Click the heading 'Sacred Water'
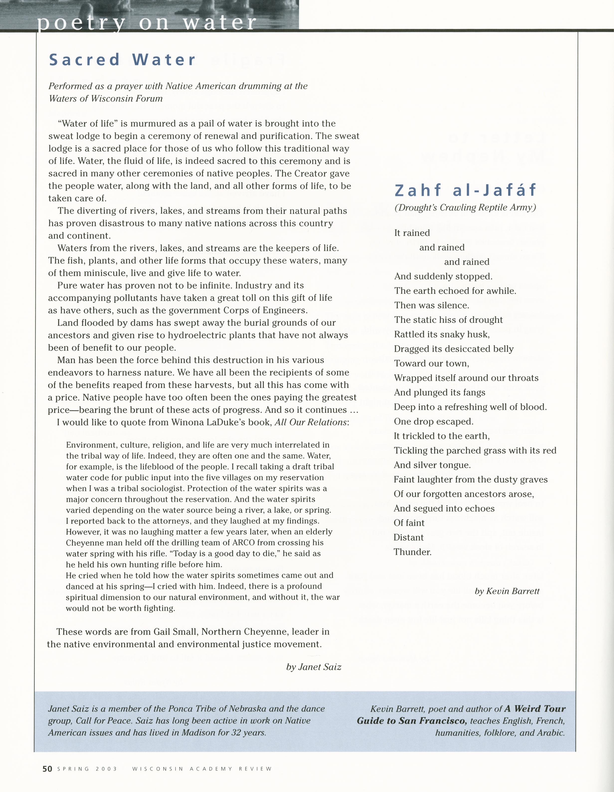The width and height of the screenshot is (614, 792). click(x=122, y=60)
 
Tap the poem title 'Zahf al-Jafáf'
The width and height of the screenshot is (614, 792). click(x=465, y=190)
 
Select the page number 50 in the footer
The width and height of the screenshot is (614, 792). click(x=47, y=769)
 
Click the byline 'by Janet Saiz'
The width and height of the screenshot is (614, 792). click(x=314, y=667)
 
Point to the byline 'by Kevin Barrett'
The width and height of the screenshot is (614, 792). click(x=507, y=591)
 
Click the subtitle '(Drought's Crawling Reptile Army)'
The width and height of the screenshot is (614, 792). click(x=465, y=208)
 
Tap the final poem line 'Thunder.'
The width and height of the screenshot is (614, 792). click(x=413, y=552)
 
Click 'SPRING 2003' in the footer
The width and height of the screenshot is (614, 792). click(x=87, y=769)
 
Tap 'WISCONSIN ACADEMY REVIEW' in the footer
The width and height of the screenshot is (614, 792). click(x=202, y=769)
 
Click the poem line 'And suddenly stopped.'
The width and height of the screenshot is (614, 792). click(x=443, y=276)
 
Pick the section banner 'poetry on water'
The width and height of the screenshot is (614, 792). click(x=147, y=22)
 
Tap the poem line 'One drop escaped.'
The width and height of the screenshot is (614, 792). click(x=434, y=421)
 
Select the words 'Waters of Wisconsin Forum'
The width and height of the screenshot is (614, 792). click(x=105, y=99)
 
